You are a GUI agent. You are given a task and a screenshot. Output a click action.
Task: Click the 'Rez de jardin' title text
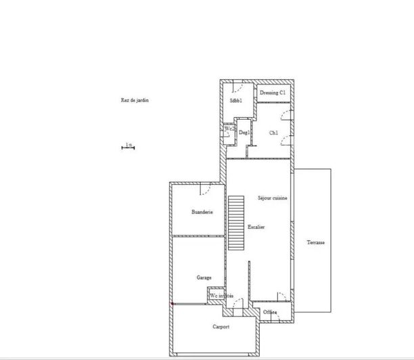(135, 100)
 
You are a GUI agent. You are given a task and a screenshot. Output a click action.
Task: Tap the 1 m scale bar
(129, 147)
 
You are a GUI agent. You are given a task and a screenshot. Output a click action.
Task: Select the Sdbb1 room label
(235, 101)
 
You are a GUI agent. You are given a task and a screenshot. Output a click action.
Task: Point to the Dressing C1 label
(273, 91)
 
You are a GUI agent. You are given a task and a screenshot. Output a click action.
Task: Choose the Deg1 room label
(244, 132)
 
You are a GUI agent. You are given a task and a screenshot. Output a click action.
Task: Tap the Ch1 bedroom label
(274, 132)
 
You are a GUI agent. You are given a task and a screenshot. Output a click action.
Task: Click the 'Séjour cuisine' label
(273, 198)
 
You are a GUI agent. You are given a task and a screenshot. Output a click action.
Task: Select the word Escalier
(256, 227)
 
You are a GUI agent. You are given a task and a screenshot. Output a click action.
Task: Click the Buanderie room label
(202, 212)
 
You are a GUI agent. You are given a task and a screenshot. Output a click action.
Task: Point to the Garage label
(204, 277)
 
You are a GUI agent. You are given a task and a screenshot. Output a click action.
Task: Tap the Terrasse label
(315, 242)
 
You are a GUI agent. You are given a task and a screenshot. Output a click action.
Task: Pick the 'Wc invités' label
(222, 296)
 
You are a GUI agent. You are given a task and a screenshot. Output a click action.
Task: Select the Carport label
(221, 327)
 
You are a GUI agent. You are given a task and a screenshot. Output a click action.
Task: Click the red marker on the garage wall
(172, 304)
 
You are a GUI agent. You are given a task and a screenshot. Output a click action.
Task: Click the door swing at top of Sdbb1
(237, 87)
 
